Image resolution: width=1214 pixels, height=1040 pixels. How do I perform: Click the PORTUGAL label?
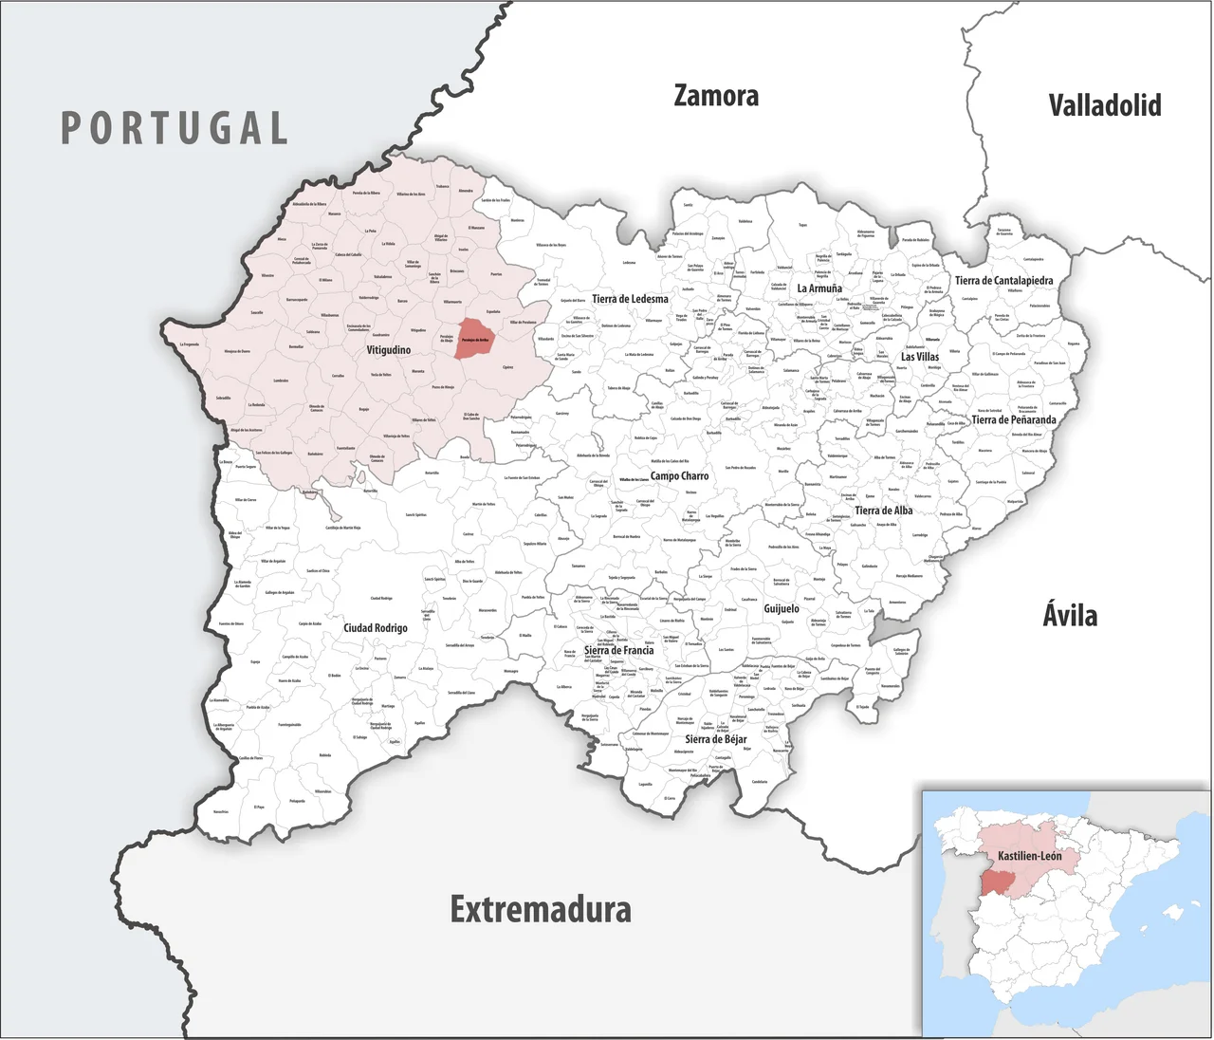coord(175,128)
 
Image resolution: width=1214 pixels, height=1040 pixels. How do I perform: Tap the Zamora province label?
coord(716,96)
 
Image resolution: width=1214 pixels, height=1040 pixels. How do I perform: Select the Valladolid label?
coord(1105,104)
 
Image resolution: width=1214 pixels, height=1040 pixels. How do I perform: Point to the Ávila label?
coord(1070,615)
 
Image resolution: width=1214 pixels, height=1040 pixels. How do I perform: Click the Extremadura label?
coord(541,909)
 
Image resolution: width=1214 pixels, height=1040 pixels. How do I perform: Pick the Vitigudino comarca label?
coord(389,350)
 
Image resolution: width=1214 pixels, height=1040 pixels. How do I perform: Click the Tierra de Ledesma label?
coord(630,299)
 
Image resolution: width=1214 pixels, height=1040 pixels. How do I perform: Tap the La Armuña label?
coord(819,288)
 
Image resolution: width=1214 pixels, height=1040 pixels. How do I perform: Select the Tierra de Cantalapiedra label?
coord(1003,281)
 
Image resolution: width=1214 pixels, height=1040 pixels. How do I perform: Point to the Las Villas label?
coord(920,357)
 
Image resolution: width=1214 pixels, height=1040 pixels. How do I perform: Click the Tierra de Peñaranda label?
coord(1013,419)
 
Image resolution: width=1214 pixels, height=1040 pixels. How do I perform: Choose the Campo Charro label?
coord(679,475)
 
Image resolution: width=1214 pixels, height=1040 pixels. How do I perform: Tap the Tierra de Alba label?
coord(883,511)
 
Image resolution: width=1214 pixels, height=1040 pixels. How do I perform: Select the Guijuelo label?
coord(782,608)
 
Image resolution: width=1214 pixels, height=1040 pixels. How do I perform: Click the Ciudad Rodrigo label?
coord(376,628)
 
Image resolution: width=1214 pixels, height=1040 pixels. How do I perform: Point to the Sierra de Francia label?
coord(618,651)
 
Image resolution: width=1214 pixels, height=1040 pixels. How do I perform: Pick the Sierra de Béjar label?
coord(716,739)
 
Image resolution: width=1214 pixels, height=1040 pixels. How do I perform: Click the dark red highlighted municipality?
coord(475,339)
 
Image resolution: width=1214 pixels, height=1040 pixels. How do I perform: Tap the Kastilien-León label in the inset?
coord(1030,856)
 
